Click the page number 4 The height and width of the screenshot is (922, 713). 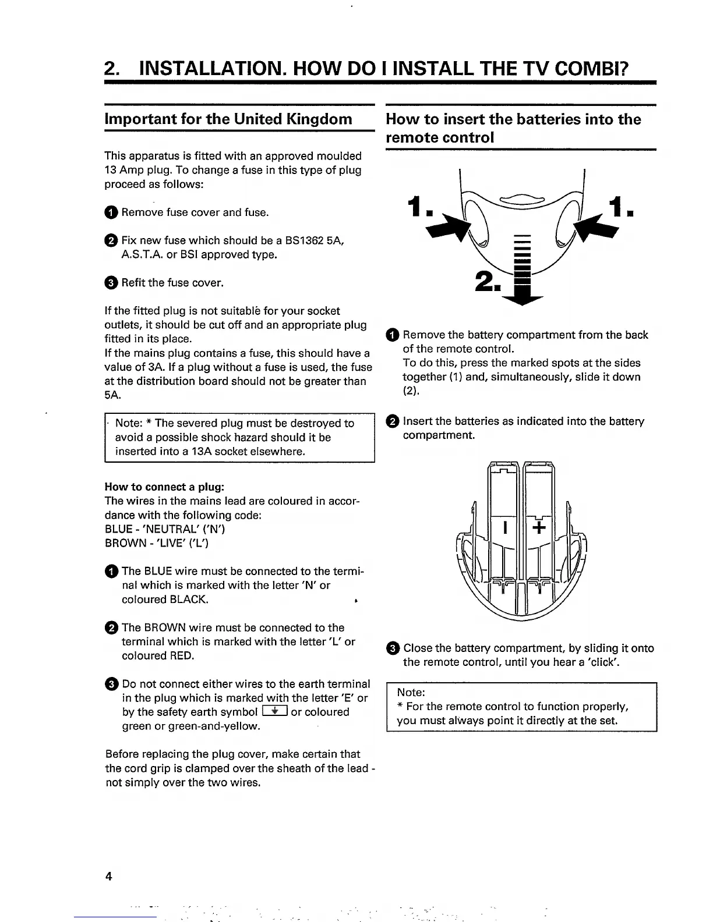[x=108, y=877]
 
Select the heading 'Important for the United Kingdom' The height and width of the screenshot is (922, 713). [x=228, y=119]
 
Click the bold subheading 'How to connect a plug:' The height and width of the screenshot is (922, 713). [x=164, y=487]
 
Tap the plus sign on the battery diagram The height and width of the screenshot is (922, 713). [x=539, y=528]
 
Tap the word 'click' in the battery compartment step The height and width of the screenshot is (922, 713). [x=589, y=662]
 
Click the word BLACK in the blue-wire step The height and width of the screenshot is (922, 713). [x=188, y=600]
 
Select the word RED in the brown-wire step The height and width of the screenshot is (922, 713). [x=181, y=656]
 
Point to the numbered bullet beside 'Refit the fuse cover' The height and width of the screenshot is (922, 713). [x=111, y=283]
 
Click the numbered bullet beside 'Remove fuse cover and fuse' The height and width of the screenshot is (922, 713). [x=111, y=212]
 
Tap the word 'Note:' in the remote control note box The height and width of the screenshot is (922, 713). [x=411, y=692]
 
